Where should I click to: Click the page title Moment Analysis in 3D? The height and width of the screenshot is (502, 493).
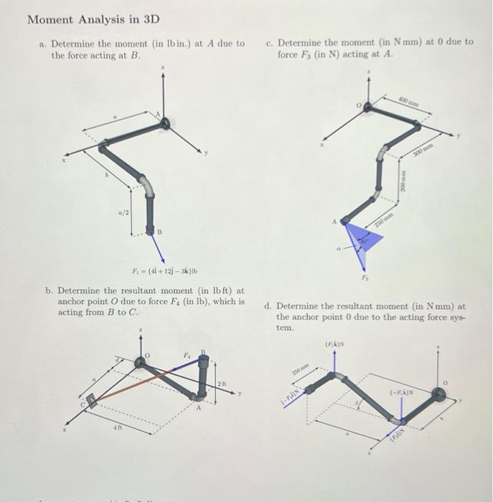pyautogui.click(x=93, y=19)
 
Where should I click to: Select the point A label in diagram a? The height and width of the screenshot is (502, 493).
pyautogui.click(x=159, y=113)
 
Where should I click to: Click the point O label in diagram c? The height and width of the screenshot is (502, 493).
pyautogui.click(x=358, y=104)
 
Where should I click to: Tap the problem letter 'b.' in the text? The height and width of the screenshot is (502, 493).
pyautogui.click(x=48, y=290)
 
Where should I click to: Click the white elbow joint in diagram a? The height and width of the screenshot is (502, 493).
pyautogui.click(x=147, y=188)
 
